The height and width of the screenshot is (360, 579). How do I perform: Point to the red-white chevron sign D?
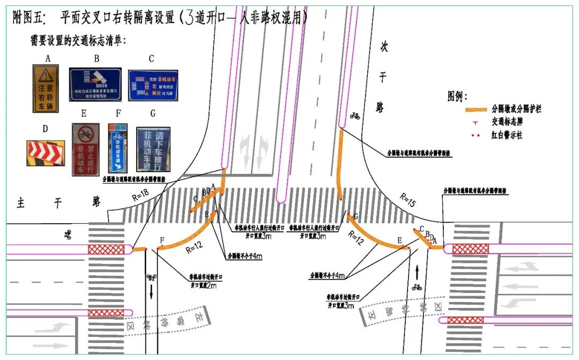tap(46, 153)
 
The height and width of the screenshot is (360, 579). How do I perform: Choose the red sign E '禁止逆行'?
tap(85, 150)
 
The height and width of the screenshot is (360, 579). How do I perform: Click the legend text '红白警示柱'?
tap(506, 135)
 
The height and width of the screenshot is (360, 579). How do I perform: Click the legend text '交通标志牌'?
tap(506, 122)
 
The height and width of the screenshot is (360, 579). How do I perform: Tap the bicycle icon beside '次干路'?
tap(355, 115)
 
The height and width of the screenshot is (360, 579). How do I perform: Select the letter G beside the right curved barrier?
tap(356, 216)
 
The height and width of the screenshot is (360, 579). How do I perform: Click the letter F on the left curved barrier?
tap(162, 239)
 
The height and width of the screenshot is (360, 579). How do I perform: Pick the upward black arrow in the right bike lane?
tap(417, 271)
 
